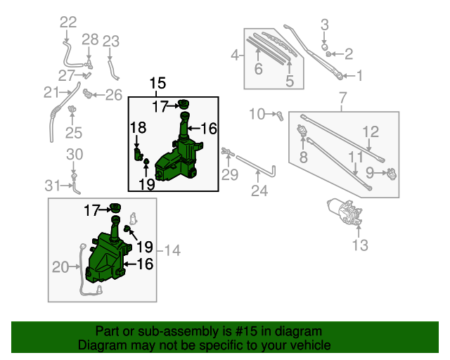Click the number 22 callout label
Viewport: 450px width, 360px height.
[68, 22]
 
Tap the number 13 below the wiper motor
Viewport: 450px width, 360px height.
[359, 245]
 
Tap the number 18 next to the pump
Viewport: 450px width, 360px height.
[138, 127]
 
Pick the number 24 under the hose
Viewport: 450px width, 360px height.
[259, 191]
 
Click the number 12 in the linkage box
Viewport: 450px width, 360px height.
[371, 131]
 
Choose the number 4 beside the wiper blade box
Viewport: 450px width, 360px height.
[235, 53]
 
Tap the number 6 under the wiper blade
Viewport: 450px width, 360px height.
[258, 69]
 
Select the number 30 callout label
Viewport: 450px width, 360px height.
[75, 155]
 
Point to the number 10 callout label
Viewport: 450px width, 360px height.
[256, 113]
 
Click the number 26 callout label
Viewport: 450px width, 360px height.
[114, 94]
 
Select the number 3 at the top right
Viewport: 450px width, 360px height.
[325, 25]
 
